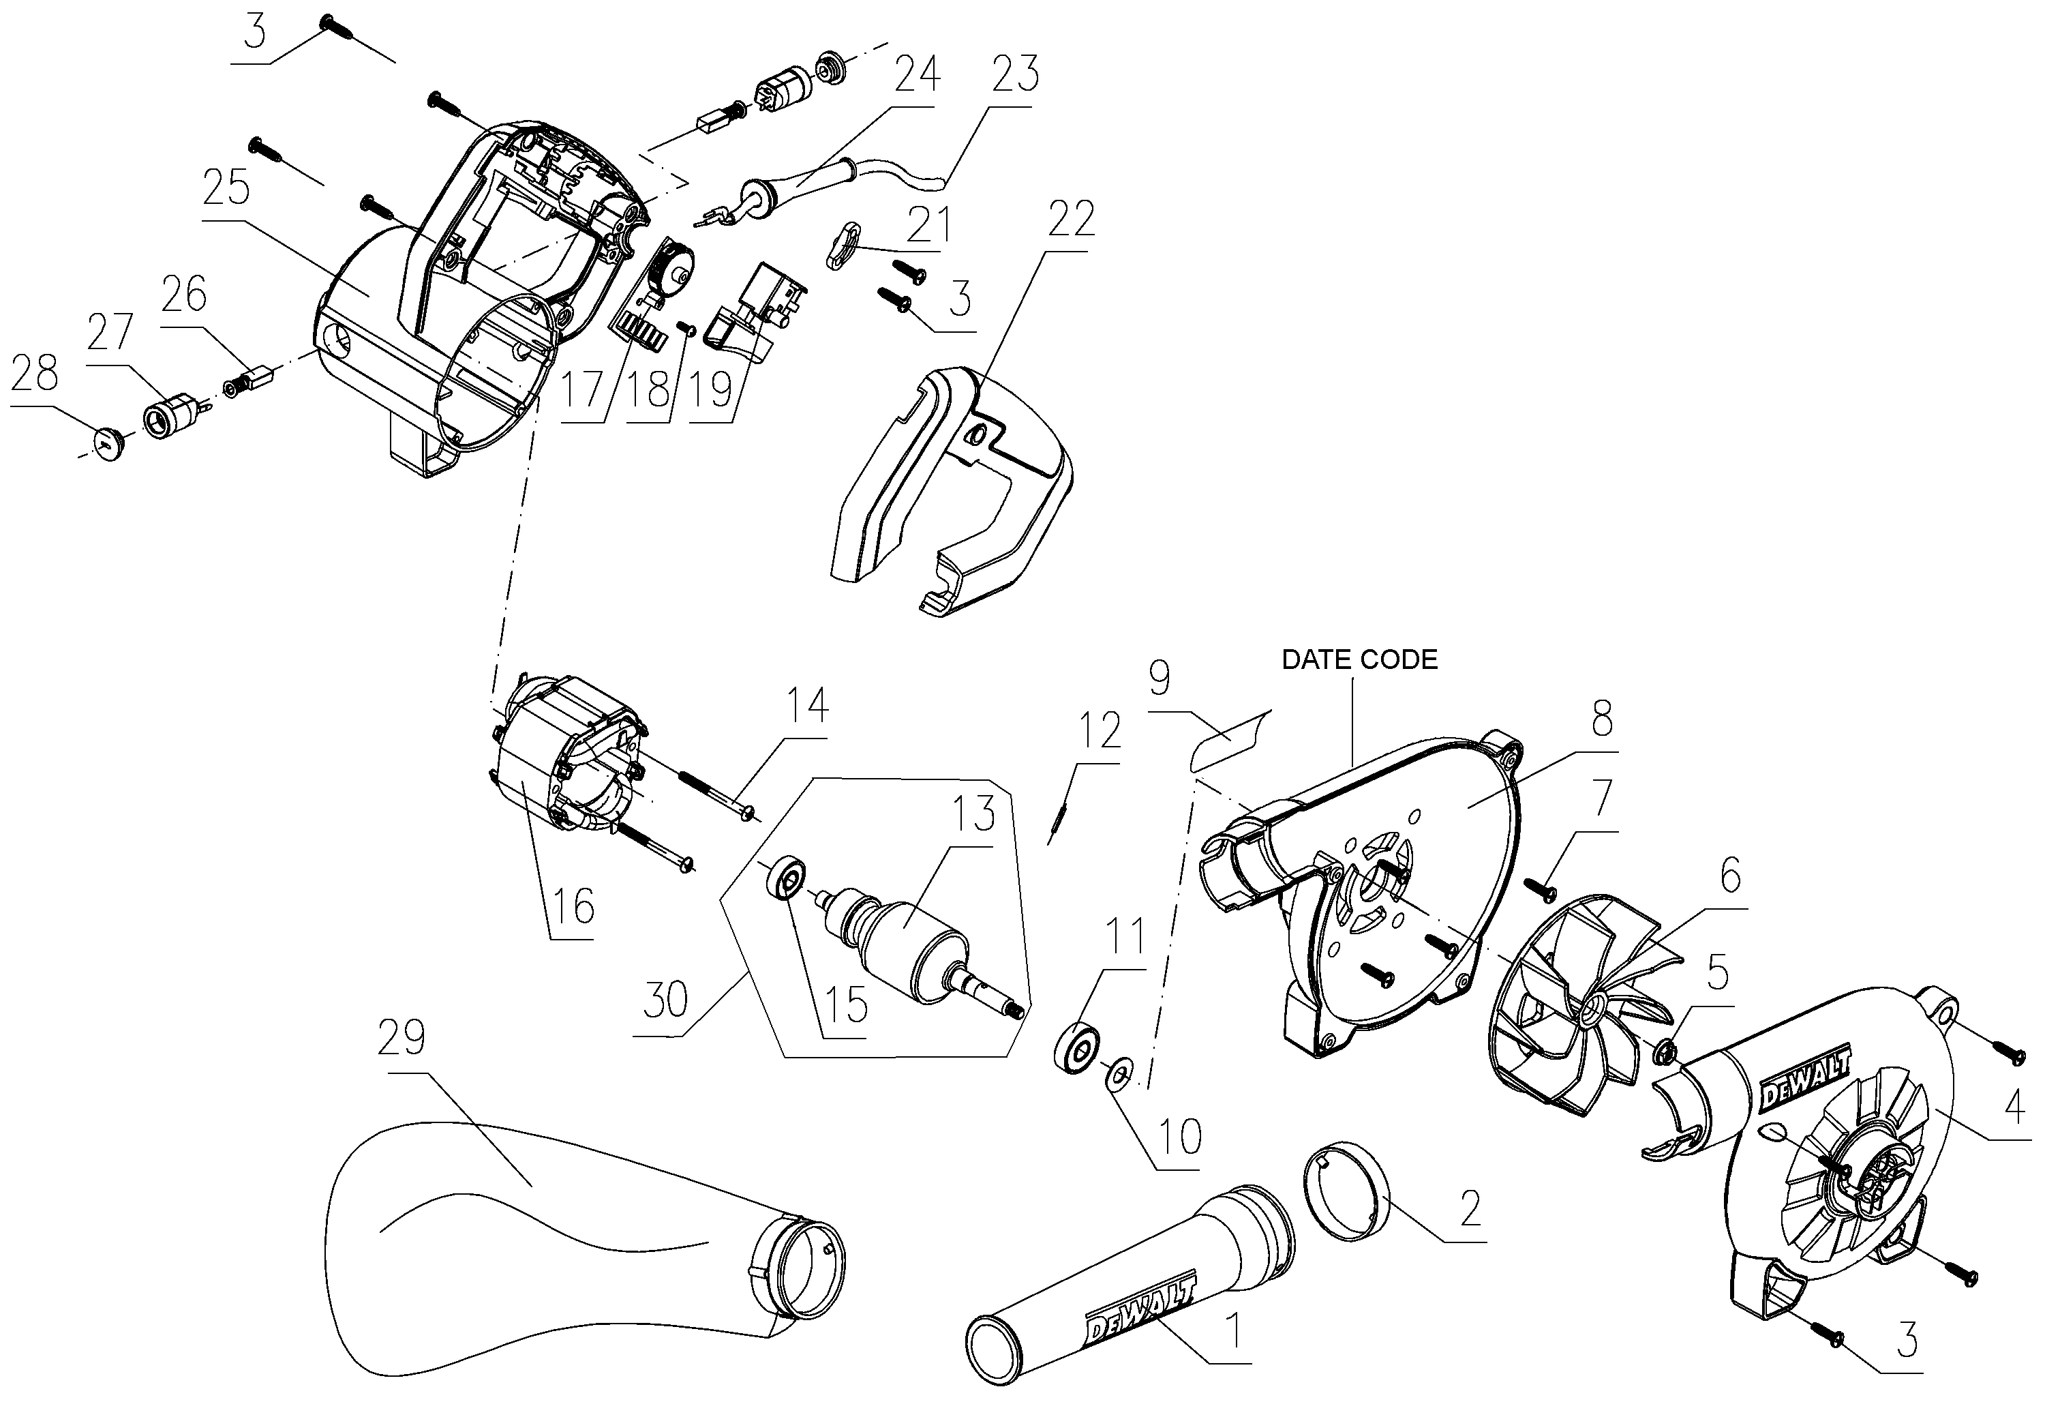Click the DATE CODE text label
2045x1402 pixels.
click(x=1359, y=659)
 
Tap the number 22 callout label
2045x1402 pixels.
click(x=1070, y=219)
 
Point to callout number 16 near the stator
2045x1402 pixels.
click(x=573, y=906)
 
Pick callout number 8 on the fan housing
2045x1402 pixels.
click(x=1601, y=719)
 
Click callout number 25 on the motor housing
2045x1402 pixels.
click(x=226, y=188)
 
